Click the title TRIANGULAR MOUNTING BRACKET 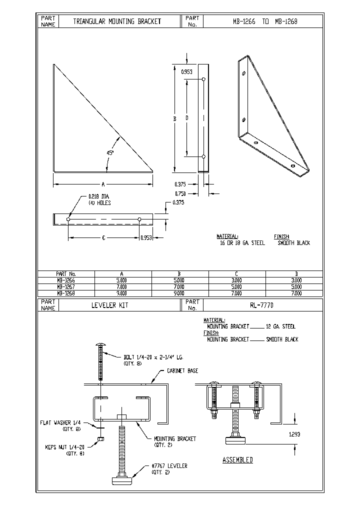[117, 21]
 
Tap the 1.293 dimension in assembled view [294, 434]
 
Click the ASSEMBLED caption [237, 459]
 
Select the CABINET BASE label [182, 371]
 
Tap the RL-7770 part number [261, 305]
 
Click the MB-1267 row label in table [65, 287]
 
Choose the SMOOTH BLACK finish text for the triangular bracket [293, 243]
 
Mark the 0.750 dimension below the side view [181, 193]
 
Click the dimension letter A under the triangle [103, 184]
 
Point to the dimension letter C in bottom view [103, 238]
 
